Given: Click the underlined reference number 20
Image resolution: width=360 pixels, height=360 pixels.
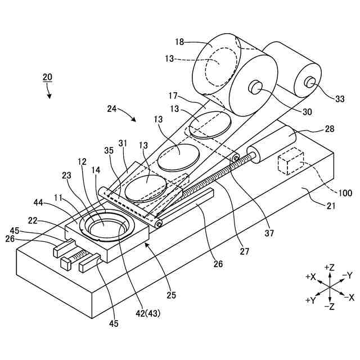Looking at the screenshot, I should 48,76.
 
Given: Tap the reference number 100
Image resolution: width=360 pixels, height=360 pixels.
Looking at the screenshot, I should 345,193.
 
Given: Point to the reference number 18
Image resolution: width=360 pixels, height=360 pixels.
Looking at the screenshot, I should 179,42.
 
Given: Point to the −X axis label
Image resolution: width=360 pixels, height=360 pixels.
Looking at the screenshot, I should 349,296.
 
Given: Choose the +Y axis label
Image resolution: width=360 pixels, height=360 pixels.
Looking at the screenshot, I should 310,300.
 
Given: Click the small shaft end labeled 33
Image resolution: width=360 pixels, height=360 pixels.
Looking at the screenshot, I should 309,82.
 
